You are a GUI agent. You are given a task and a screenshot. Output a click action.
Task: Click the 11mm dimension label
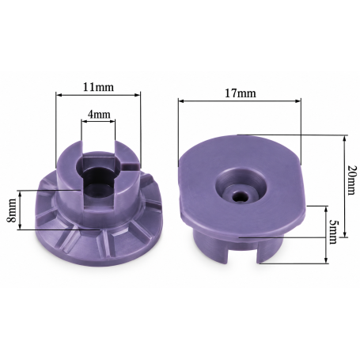coord(98,87)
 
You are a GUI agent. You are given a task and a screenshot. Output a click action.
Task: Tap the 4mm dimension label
coord(99,114)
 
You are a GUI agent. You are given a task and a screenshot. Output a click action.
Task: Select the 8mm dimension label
coord(11,210)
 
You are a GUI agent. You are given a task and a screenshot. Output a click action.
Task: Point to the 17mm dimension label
coord(240,93)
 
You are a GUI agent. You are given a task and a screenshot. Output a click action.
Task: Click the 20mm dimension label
coord(351,180)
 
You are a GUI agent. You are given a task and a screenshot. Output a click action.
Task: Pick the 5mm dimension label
coord(333,232)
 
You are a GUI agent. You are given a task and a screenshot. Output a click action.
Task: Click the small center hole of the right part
coord(240,195)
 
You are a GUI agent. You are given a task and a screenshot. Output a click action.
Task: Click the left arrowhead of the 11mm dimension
coord(59,95)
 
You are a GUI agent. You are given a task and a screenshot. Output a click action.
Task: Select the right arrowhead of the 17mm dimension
coord(297,100)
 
